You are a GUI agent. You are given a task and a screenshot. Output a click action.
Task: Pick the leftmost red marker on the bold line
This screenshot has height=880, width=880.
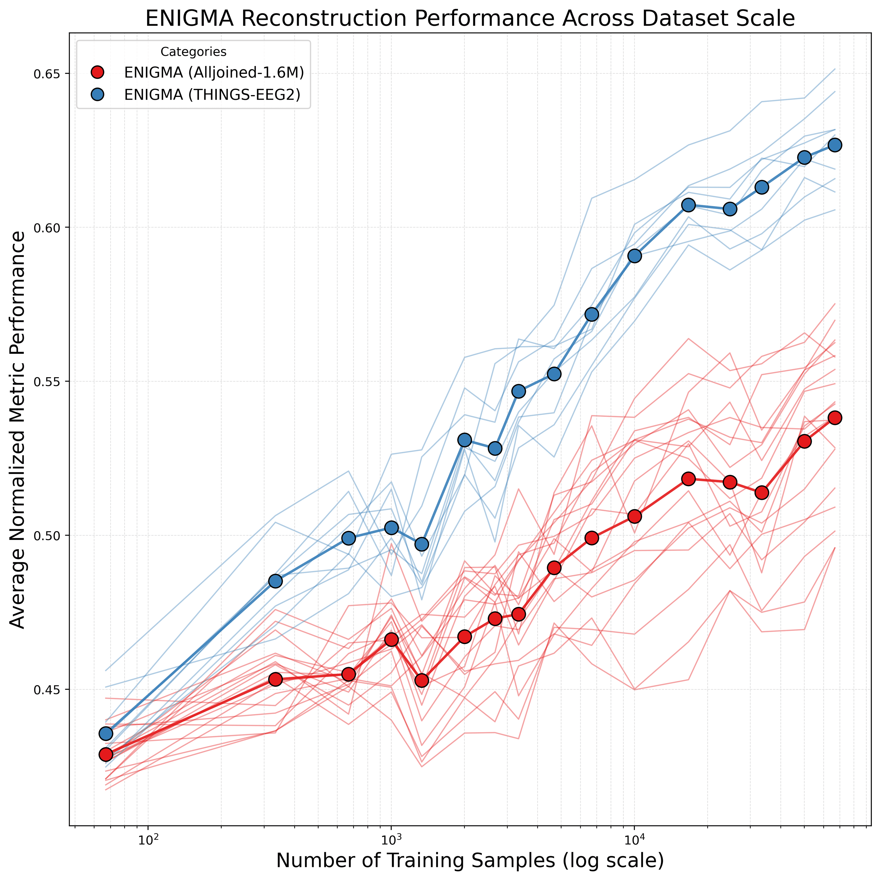pyautogui.click(x=106, y=754)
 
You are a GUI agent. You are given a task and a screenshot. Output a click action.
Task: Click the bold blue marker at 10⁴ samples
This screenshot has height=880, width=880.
pyautogui.click(x=635, y=256)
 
